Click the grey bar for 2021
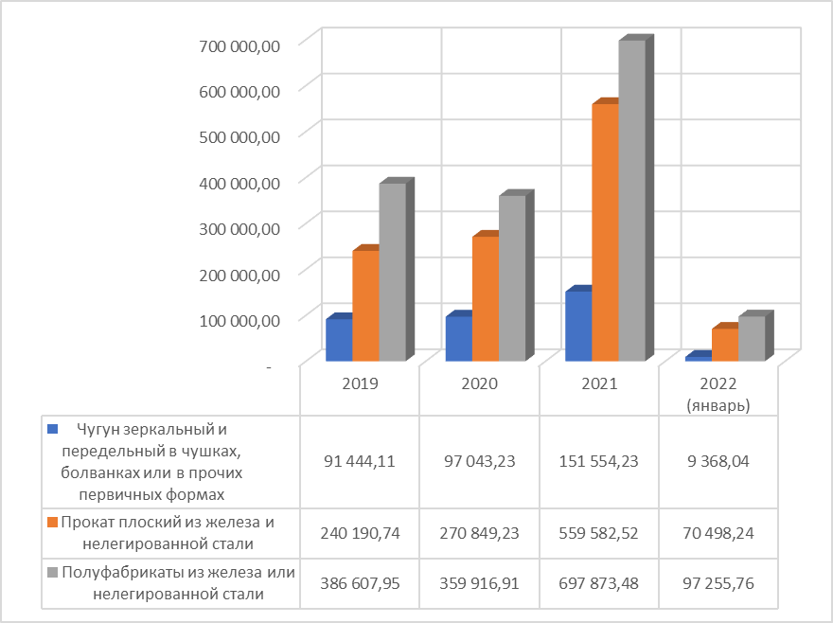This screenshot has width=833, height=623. pos(631,201)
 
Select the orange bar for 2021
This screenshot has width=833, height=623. pos(604,232)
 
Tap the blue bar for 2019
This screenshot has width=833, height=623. pos(338,341)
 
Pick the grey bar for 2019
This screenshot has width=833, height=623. pos(392,272)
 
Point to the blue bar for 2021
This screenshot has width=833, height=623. pos(577,326)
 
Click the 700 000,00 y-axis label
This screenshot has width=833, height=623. pos(242,44)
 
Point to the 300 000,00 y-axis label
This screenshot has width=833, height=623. pos(242,228)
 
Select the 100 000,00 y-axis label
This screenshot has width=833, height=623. pos(242,320)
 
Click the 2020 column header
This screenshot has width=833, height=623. pos(479,385)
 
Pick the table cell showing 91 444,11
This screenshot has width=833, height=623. pos(360,463)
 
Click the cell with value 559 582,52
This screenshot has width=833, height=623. pos(598,532)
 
